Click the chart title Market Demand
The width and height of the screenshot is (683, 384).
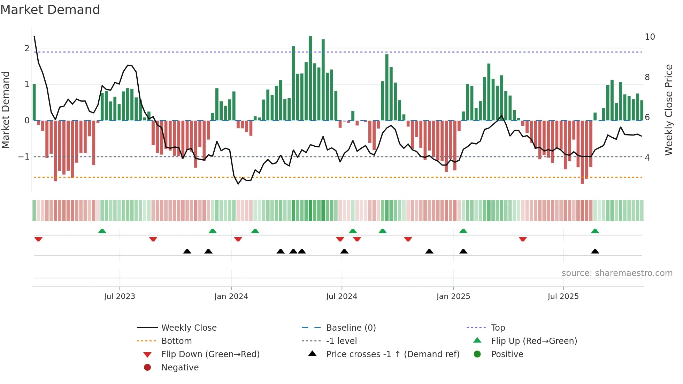click(x=50, y=10)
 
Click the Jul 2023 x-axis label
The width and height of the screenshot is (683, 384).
click(x=120, y=297)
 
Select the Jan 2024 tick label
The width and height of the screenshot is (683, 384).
click(x=231, y=297)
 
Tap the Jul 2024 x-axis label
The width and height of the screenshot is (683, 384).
click(x=341, y=297)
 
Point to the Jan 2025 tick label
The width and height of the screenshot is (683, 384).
click(x=453, y=297)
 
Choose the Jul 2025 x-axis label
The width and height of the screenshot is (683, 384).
click(x=563, y=297)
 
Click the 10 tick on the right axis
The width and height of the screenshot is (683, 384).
click(x=650, y=37)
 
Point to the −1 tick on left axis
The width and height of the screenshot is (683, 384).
click(x=24, y=157)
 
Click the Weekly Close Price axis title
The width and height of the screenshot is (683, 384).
click(x=668, y=110)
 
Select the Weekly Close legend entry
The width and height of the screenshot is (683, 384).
click(x=189, y=328)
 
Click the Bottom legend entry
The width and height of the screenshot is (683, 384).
click(x=176, y=341)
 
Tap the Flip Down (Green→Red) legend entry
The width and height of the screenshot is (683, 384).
click(x=210, y=354)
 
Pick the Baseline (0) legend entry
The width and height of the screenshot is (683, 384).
click(x=351, y=328)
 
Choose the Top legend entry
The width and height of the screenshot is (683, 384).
click(x=498, y=328)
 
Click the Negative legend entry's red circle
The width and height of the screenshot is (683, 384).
click(x=147, y=368)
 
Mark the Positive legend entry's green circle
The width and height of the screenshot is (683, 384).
click(x=477, y=354)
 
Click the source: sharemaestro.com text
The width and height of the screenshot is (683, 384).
click(x=617, y=273)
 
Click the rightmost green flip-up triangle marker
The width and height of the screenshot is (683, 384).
click(x=595, y=231)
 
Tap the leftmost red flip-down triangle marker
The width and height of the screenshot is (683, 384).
click(x=38, y=239)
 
